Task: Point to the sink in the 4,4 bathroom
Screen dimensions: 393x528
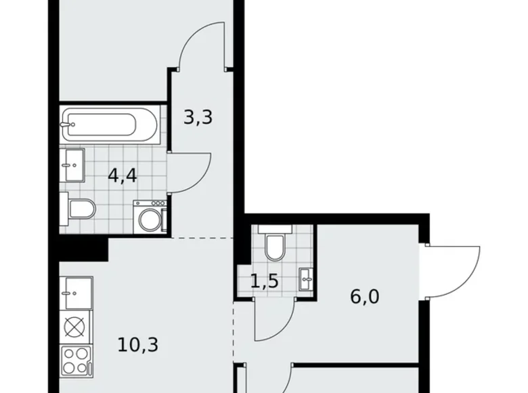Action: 72,165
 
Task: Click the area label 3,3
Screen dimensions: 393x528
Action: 198,118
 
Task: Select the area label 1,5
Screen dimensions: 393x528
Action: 264,280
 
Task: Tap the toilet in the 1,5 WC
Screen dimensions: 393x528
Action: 275,247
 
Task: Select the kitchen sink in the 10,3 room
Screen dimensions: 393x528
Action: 75,292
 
